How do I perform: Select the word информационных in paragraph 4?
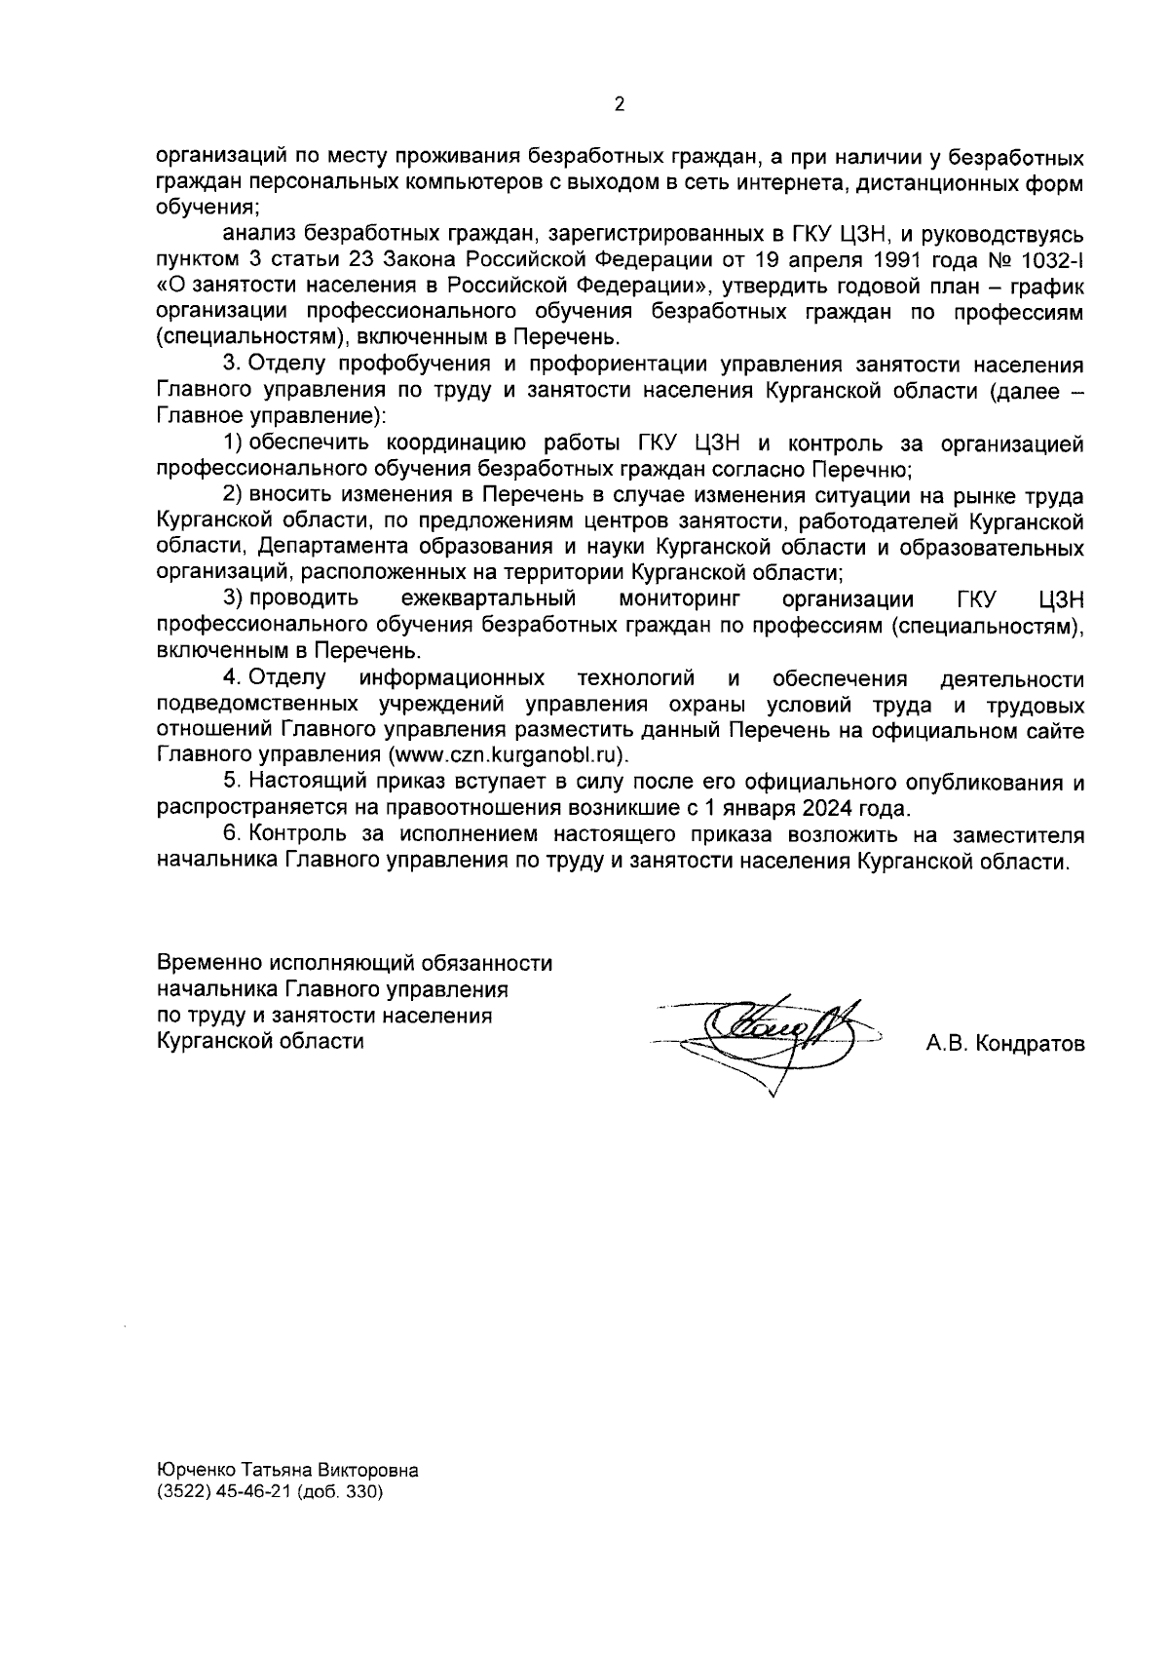(x=453, y=677)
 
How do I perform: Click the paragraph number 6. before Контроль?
(x=231, y=835)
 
